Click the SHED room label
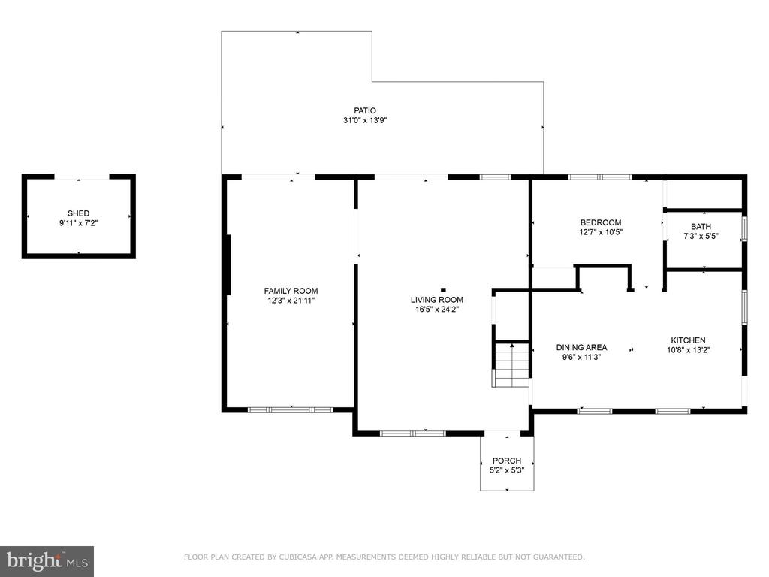tap(78, 213)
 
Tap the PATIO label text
tap(365, 111)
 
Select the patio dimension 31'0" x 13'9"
tap(366, 120)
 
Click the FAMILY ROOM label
tap(291, 291)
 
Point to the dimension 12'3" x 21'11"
tap(291, 301)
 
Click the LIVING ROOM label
tap(437, 300)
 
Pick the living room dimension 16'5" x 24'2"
tap(437, 309)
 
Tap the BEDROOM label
tap(601, 222)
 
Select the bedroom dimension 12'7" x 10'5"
tap(601, 232)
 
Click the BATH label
tap(701, 227)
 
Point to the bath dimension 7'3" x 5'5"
tap(701, 236)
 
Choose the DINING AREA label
tap(582, 347)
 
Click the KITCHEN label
tap(688, 340)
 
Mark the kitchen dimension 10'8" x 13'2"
tap(689, 350)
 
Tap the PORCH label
tap(507, 461)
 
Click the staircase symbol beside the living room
tap(511, 364)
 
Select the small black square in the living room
tap(443, 290)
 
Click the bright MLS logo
tap(47, 561)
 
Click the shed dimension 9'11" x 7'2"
tap(78, 223)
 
